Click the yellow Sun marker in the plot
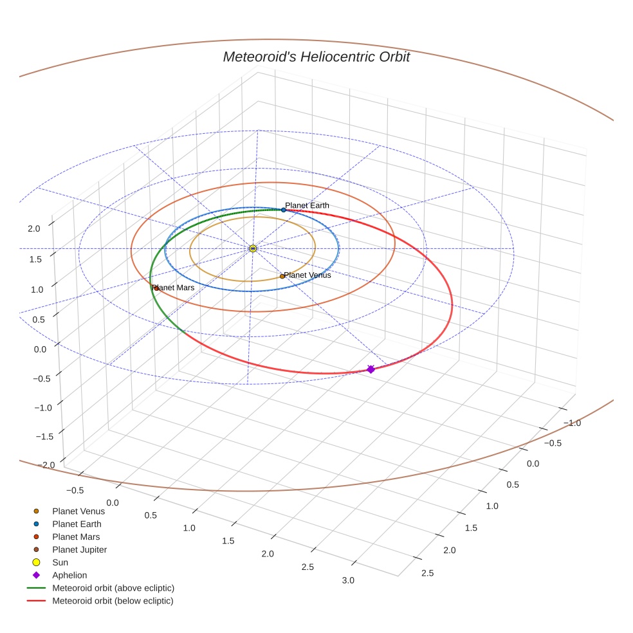coord(253,248)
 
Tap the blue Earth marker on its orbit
coord(283,210)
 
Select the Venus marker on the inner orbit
coord(282,276)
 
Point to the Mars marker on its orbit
coord(156,288)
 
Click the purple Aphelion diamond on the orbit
coord(371,369)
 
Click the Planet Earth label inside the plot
coord(307,205)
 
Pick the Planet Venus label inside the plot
coord(307,275)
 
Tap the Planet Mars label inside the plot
coord(174,288)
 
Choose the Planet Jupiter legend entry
coord(79,549)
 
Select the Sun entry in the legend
coord(60,562)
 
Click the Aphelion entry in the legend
coord(69,575)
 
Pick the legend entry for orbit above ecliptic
coord(113,588)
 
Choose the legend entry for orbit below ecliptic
coord(113,601)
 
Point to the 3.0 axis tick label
coord(347,580)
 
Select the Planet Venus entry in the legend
coord(78,511)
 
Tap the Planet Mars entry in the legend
coord(76,537)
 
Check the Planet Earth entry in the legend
coord(77,524)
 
